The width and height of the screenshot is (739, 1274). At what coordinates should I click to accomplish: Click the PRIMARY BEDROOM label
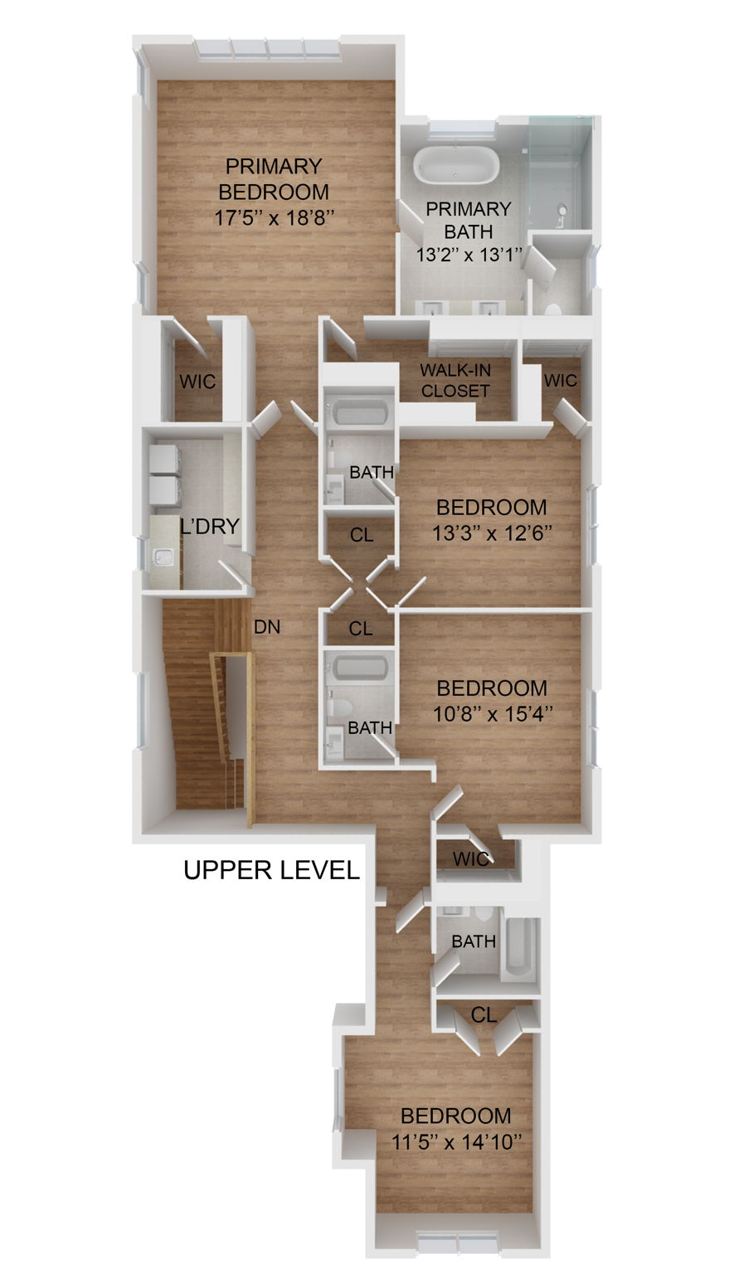point(273,179)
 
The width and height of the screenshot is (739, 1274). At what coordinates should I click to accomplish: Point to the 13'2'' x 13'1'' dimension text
point(469,255)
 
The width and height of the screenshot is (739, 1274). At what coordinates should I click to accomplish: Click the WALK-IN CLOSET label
point(455,380)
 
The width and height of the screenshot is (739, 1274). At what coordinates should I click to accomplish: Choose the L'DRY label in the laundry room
point(210,526)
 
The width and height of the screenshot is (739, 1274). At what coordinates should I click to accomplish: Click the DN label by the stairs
point(267,627)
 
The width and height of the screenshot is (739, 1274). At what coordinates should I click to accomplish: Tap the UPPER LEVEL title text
point(271,870)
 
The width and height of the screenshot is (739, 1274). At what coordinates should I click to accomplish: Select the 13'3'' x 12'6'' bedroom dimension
point(492,532)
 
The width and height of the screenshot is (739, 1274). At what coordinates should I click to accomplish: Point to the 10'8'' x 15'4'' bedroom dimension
point(492,713)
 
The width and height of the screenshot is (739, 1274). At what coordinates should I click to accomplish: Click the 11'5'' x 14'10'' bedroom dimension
point(456,1141)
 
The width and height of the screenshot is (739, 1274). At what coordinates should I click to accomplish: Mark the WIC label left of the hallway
point(197,382)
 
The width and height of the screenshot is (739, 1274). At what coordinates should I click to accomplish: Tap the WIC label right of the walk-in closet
point(560,381)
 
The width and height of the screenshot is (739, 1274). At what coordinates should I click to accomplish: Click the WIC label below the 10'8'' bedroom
point(471,858)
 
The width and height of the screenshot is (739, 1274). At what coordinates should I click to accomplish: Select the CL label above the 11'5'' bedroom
point(484,1014)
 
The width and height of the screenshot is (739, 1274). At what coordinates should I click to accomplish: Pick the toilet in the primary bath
point(552,309)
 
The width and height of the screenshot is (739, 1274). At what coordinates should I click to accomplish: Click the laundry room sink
point(164,557)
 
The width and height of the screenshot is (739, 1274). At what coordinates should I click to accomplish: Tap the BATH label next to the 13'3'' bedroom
point(371,472)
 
